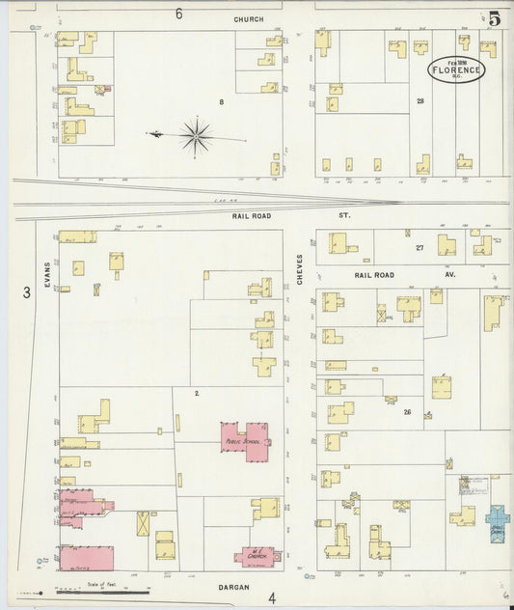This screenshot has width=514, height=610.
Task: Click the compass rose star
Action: [x=195, y=136]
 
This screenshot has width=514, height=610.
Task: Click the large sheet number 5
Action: [x=494, y=18]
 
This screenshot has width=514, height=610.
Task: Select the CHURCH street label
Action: [x=248, y=18]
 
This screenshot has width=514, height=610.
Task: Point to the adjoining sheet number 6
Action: [x=178, y=14]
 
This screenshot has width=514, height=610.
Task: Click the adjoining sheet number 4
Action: [x=272, y=597]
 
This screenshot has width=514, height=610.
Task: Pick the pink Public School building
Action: [x=246, y=437]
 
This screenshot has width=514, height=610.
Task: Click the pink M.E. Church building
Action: [x=257, y=556]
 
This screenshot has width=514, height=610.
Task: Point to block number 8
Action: [x=221, y=100]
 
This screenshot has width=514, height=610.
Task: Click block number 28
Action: [x=419, y=100]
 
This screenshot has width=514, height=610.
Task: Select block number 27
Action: [x=419, y=248]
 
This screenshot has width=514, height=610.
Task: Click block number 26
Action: [x=407, y=411]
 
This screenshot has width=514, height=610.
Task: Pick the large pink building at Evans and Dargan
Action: [x=87, y=558]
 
